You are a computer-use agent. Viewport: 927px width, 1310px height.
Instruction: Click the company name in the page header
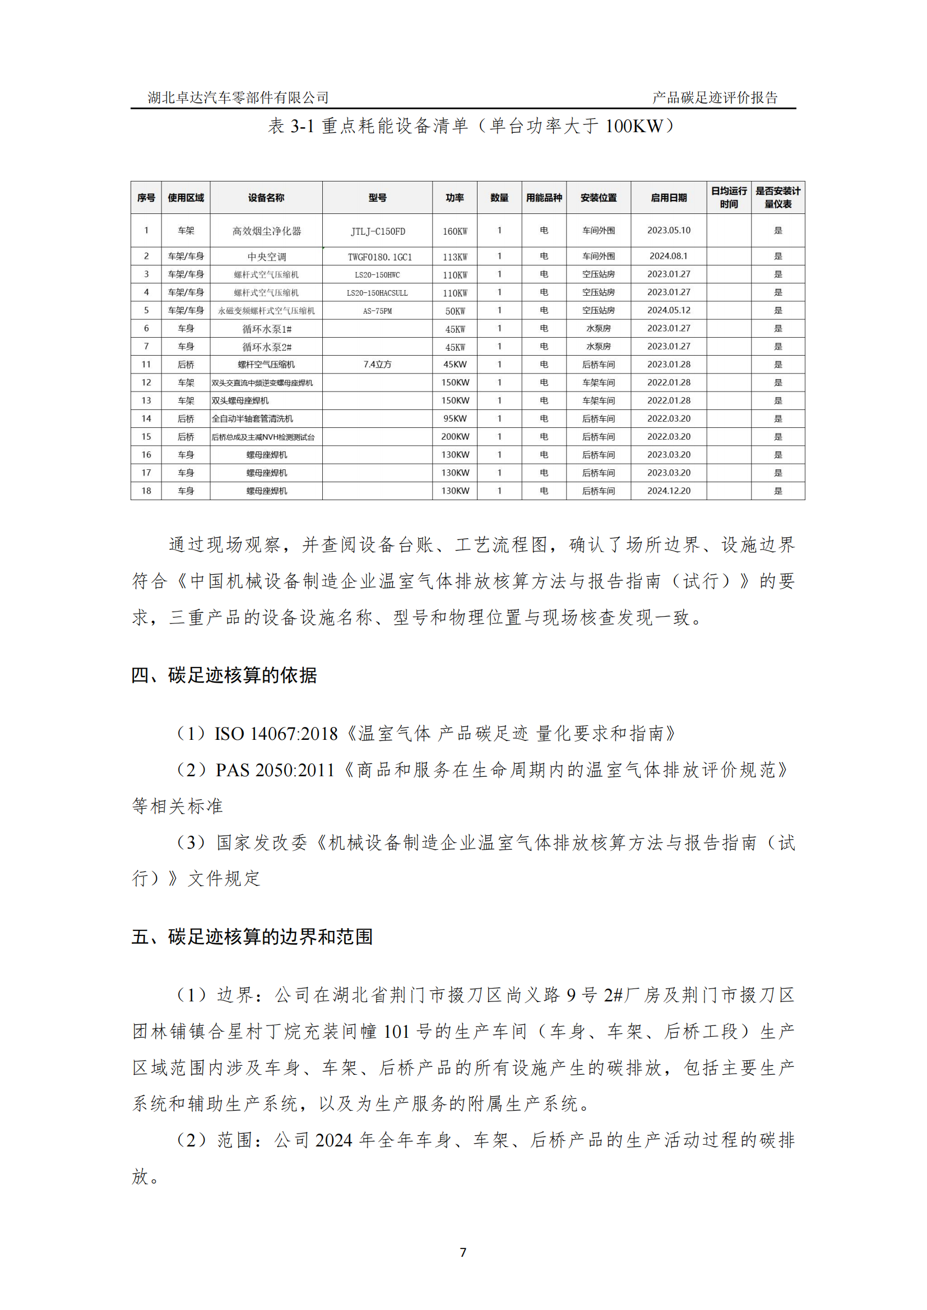pos(238,97)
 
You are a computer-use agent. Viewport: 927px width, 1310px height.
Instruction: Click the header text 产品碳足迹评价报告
pos(715,97)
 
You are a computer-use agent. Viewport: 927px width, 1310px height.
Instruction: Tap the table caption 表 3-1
pos(290,126)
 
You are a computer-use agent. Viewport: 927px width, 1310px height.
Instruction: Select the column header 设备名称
pos(266,198)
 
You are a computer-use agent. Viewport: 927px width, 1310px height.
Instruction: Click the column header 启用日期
pos(669,198)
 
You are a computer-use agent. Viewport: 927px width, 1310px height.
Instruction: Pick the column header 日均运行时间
pos(729,197)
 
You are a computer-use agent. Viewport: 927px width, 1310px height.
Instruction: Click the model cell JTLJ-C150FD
pos(377,231)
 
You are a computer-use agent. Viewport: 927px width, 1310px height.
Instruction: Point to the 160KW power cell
pos(455,231)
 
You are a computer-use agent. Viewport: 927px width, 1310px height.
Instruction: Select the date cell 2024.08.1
pos(669,256)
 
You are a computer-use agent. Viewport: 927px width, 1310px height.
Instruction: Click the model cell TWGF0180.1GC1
pos(377,257)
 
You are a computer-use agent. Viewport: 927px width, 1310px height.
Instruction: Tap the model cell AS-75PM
pos(377,311)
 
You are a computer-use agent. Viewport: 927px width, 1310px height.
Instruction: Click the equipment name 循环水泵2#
pos(266,347)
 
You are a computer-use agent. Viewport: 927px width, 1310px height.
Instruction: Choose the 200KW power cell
pos(455,437)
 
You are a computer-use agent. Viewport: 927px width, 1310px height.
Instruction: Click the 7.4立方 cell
pos(377,365)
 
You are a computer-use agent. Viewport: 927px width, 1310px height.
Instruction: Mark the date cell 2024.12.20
pos(669,491)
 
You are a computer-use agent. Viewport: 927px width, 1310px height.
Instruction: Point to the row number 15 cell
pos(146,437)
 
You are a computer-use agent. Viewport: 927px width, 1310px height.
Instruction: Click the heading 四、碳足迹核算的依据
pos(224,675)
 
